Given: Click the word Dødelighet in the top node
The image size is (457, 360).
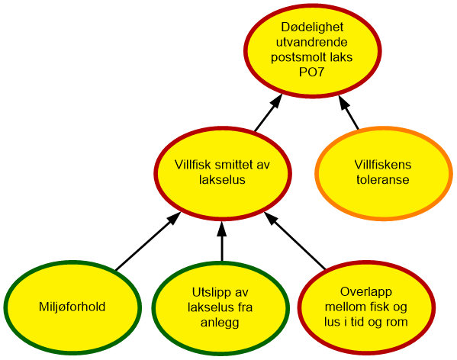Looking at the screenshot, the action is pos(312,27).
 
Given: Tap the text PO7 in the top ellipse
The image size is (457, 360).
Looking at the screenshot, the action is pos(311,72).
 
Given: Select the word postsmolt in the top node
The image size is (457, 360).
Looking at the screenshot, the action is pos(298,57).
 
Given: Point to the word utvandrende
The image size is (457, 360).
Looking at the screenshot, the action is pos(312,42).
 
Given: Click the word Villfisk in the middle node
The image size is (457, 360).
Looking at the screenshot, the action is pos(193,165).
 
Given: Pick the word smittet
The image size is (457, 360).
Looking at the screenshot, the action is pos(234,165).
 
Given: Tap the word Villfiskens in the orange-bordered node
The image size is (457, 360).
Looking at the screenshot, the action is pos(383,165).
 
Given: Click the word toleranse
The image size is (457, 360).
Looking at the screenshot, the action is pos(383,180).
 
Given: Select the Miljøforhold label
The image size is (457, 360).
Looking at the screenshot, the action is pos(72,307).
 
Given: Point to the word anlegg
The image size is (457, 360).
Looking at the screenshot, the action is pos(220,323).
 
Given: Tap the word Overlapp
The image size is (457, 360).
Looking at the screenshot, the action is pos(365,292).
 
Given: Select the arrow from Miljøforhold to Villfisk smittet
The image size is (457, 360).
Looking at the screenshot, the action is pos(148,241).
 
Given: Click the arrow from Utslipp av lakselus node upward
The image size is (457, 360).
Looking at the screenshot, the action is pos(222,241).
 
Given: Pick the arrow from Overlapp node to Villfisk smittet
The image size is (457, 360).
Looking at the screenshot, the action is pos(294,240).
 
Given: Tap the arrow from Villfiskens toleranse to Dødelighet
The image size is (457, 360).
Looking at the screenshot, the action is pos(348,111).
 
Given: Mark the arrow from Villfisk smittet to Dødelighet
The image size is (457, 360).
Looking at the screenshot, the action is pos(269,112).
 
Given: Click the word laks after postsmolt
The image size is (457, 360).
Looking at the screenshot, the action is pos(341,57).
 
